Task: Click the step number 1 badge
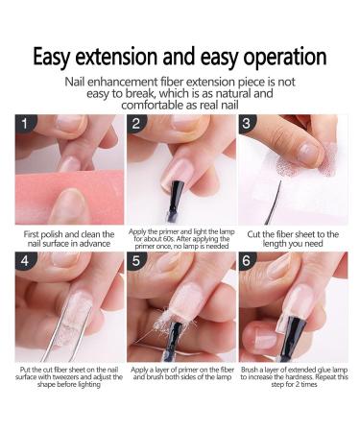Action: [x=25, y=123]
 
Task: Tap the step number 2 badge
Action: [x=136, y=123]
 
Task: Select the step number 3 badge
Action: [x=247, y=123]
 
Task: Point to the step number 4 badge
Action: [x=25, y=261]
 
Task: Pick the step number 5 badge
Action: [x=136, y=261]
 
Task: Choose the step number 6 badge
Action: [x=247, y=261]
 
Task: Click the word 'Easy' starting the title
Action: [x=51, y=58]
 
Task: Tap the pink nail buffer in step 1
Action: [x=69, y=196]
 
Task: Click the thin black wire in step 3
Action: [x=273, y=203]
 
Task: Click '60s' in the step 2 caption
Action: [x=169, y=239]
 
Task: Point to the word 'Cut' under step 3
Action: [x=253, y=234]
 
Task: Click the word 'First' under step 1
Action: [x=32, y=234]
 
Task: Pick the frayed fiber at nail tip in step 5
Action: [x=162, y=324]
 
